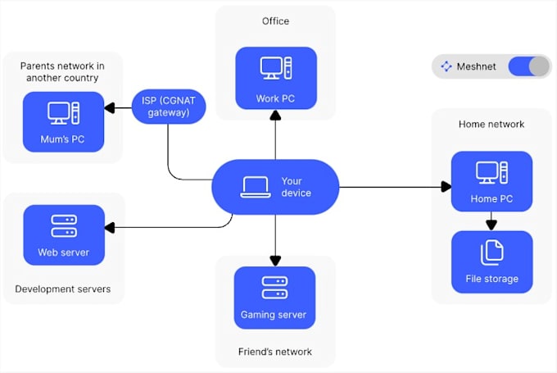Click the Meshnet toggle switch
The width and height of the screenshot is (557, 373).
click(528, 66)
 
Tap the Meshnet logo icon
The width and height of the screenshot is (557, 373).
click(446, 66)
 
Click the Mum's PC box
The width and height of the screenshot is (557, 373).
click(64, 122)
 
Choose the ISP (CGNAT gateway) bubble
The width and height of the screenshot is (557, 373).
click(168, 106)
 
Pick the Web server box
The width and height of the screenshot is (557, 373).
click(64, 235)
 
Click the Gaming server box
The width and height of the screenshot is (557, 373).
click(274, 297)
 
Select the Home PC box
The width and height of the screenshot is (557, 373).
click(491, 181)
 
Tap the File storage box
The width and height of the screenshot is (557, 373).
click(491, 262)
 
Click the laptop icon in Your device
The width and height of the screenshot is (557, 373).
click(255, 188)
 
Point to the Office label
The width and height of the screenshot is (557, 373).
click(275, 21)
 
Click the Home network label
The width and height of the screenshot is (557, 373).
click(491, 125)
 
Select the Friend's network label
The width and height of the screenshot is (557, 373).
click(275, 352)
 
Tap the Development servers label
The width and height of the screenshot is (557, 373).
click(63, 289)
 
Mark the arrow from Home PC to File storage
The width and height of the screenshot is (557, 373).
click(491, 221)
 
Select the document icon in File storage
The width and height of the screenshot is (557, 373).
click(491, 252)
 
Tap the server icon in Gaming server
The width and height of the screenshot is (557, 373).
click(274, 287)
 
